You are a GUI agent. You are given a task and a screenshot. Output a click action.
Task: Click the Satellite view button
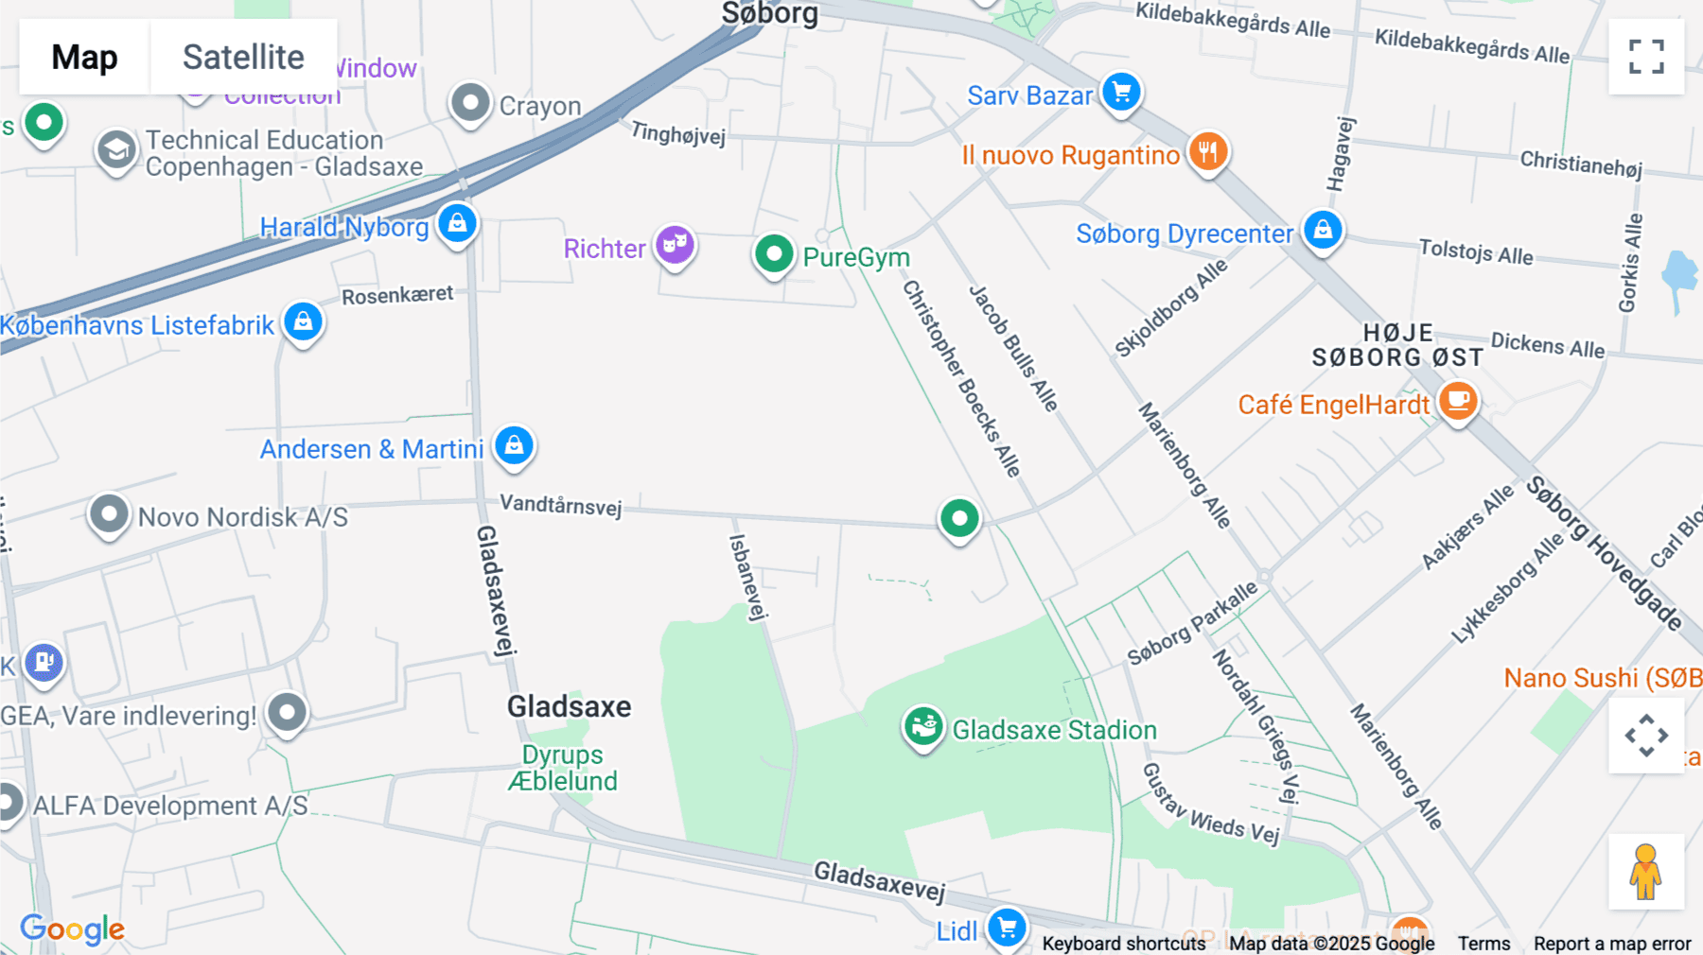243,57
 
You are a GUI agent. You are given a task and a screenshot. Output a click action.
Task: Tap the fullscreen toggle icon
1646,57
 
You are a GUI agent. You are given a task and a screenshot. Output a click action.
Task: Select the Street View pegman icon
1645,871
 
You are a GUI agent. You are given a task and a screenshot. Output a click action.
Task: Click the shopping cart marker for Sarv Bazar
1122,93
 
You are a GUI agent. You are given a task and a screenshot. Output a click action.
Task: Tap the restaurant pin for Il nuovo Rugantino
1207,151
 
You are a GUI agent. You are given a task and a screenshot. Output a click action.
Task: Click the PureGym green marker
774,253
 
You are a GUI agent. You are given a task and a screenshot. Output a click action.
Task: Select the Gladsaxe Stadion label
1054,730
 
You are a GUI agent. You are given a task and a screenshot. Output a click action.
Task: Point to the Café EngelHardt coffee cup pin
1458,401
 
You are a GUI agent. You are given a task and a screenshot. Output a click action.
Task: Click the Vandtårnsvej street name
560,505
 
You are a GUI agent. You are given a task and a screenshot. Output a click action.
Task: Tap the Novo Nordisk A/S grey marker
109,515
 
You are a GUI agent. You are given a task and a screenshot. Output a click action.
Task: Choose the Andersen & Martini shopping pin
514,444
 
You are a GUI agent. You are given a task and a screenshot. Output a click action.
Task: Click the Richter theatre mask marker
675,245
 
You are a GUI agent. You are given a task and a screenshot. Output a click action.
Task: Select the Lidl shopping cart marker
1007,928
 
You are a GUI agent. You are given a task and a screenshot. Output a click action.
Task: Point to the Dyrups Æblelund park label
563,768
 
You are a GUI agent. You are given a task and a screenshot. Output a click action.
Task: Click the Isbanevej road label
746,577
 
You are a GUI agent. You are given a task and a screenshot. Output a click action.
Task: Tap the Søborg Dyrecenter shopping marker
1323,230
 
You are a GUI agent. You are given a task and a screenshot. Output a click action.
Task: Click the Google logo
73,929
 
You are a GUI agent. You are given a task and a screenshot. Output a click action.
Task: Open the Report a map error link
1611,944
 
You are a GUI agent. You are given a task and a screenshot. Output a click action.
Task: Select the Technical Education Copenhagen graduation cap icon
116,150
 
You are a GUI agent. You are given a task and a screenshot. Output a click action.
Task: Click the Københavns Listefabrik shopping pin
303,322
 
